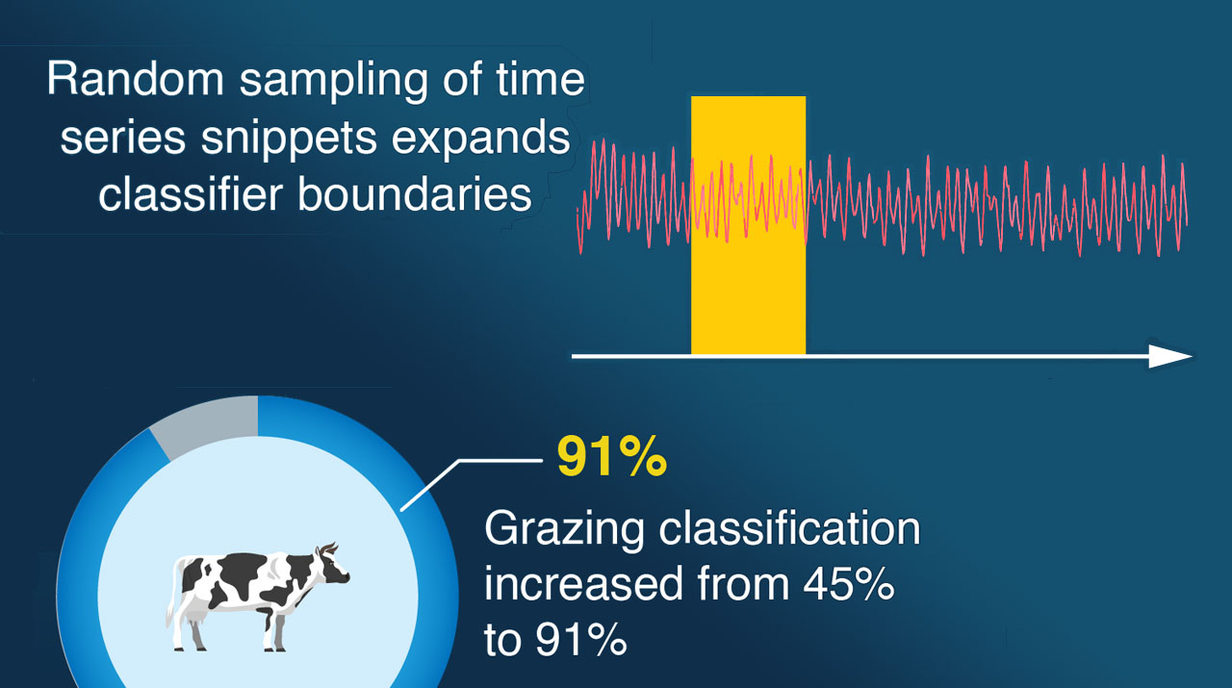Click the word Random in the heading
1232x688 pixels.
pos(136,78)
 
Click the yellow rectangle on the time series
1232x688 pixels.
pos(748,225)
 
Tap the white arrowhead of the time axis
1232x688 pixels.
pos(1171,356)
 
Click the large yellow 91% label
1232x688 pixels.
pos(612,456)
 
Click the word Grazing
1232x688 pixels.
pos(564,529)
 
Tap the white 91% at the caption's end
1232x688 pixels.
pos(581,640)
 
